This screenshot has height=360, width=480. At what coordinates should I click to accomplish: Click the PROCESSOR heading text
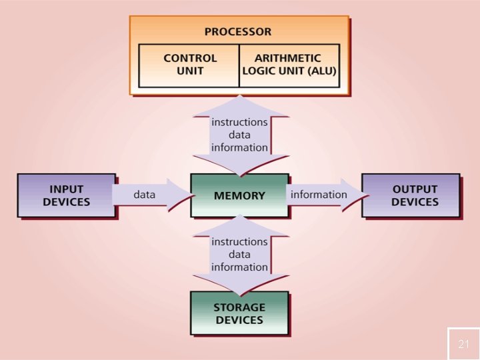pyautogui.click(x=238, y=31)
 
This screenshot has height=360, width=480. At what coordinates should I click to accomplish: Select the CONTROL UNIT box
pyautogui.click(x=189, y=65)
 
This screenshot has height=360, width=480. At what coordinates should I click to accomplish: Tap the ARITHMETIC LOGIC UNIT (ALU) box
pyautogui.click(x=289, y=65)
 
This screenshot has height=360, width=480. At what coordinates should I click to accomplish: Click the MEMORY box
pyautogui.click(x=239, y=195)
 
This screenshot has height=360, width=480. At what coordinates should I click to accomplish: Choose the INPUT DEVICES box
pyautogui.click(x=67, y=195)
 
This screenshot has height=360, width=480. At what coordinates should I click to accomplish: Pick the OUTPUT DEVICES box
pyautogui.click(x=411, y=195)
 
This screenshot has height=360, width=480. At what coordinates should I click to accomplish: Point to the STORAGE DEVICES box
pyautogui.click(x=239, y=313)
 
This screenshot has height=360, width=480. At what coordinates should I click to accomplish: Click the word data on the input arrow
pyautogui.click(x=145, y=195)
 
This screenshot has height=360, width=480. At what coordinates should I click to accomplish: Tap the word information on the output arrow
pyautogui.click(x=319, y=195)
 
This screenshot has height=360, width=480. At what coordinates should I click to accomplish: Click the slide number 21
pyautogui.click(x=463, y=344)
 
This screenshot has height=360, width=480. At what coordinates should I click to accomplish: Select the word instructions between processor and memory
pyautogui.click(x=239, y=122)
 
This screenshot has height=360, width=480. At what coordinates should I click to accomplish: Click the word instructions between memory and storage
pyautogui.click(x=239, y=241)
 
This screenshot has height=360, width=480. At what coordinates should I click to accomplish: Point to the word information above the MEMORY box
pyautogui.click(x=239, y=147)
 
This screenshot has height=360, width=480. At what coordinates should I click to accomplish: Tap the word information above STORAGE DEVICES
pyautogui.click(x=239, y=267)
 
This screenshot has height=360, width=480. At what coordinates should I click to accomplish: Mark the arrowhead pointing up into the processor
pyautogui.click(x=241, y=107)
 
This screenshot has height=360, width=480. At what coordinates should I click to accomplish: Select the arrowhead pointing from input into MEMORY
pyautogui.click(x=179, y=195)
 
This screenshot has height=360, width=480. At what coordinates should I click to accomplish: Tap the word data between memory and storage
pyautogui.click(x=239, y=255)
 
